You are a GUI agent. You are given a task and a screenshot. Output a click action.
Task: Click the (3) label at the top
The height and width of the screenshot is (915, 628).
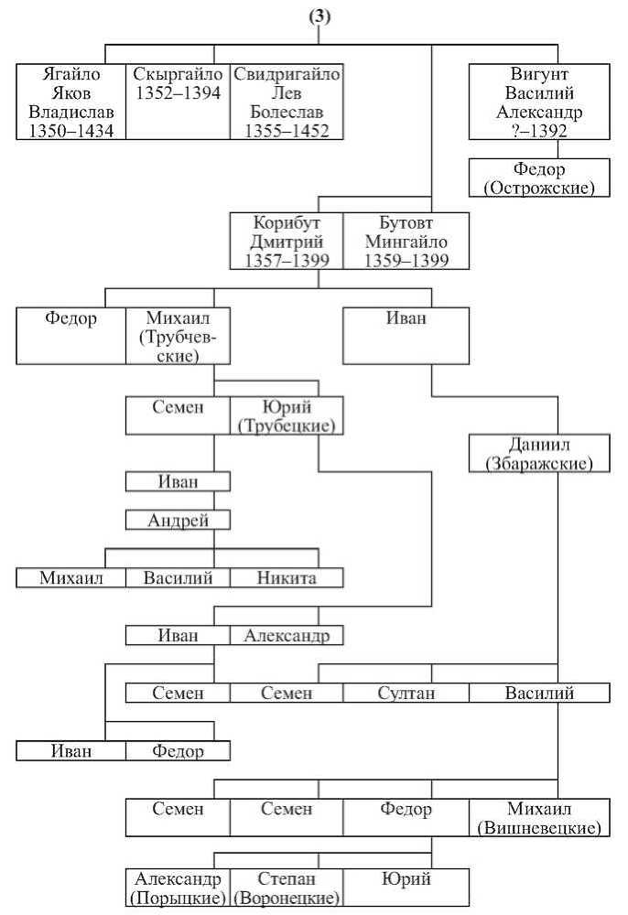pyautogui.click(x=319, y=16)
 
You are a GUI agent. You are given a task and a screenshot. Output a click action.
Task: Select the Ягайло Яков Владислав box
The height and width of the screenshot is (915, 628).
pyautogui.click(x=71, y=102)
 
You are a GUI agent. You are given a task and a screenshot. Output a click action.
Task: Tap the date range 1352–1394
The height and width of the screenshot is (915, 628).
pyautogui.click(x=178, y=92)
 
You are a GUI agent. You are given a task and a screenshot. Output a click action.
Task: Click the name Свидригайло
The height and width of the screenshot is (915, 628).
pyautogui.click(x=287, y=74)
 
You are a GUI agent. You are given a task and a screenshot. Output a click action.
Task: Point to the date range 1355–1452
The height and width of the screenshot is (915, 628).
pyautogui.click(x=287, y=131)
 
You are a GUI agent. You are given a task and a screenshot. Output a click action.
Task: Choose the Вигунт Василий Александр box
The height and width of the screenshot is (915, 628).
pyautogui.click(x=539, y=102)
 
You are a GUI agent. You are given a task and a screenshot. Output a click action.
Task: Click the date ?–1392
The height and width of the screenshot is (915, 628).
pyautogui.click(x=539, y=131)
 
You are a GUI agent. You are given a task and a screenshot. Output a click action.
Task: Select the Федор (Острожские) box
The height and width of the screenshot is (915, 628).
pyautogui.click(x=539, y=178)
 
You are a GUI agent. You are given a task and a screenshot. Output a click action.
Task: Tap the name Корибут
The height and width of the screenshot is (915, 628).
pyautogui.click(x=287, y=222)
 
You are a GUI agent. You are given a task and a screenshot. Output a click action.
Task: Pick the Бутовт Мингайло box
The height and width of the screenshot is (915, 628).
pyautogui.click(x=406, y=241)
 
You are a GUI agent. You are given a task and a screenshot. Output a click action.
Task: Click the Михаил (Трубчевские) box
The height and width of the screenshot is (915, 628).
pyautogui.click(x=178, y=336)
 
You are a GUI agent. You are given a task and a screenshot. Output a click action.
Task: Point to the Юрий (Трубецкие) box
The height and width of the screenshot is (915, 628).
pyautogui.click(x=287, y=415)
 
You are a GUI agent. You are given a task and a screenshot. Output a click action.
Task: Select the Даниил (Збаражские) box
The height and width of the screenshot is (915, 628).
pyautogui.click(x=539, y=453)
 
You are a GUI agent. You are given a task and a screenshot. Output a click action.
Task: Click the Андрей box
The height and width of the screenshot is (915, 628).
pyautogui.click(x=178, y=520)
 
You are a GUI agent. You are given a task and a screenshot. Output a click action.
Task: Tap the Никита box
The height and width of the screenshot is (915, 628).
pyautogui.click(x=287, y=577)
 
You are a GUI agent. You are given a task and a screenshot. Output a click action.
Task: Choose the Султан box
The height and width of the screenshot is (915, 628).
pyautogui.click(x=406, y=693)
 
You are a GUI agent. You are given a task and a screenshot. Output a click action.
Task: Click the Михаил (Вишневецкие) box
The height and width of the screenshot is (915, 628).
pyautogui.click(x=539, y=817)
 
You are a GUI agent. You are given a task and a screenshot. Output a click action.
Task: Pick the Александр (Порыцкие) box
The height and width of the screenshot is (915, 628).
pyautogui.click(x=178, y=887)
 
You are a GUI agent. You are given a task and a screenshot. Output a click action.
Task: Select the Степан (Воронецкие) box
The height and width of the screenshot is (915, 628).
pyautogui.click(x=287, y=887)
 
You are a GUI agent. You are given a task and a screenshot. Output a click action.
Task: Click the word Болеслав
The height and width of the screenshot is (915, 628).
pyautogui.click(x=287, y=112)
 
